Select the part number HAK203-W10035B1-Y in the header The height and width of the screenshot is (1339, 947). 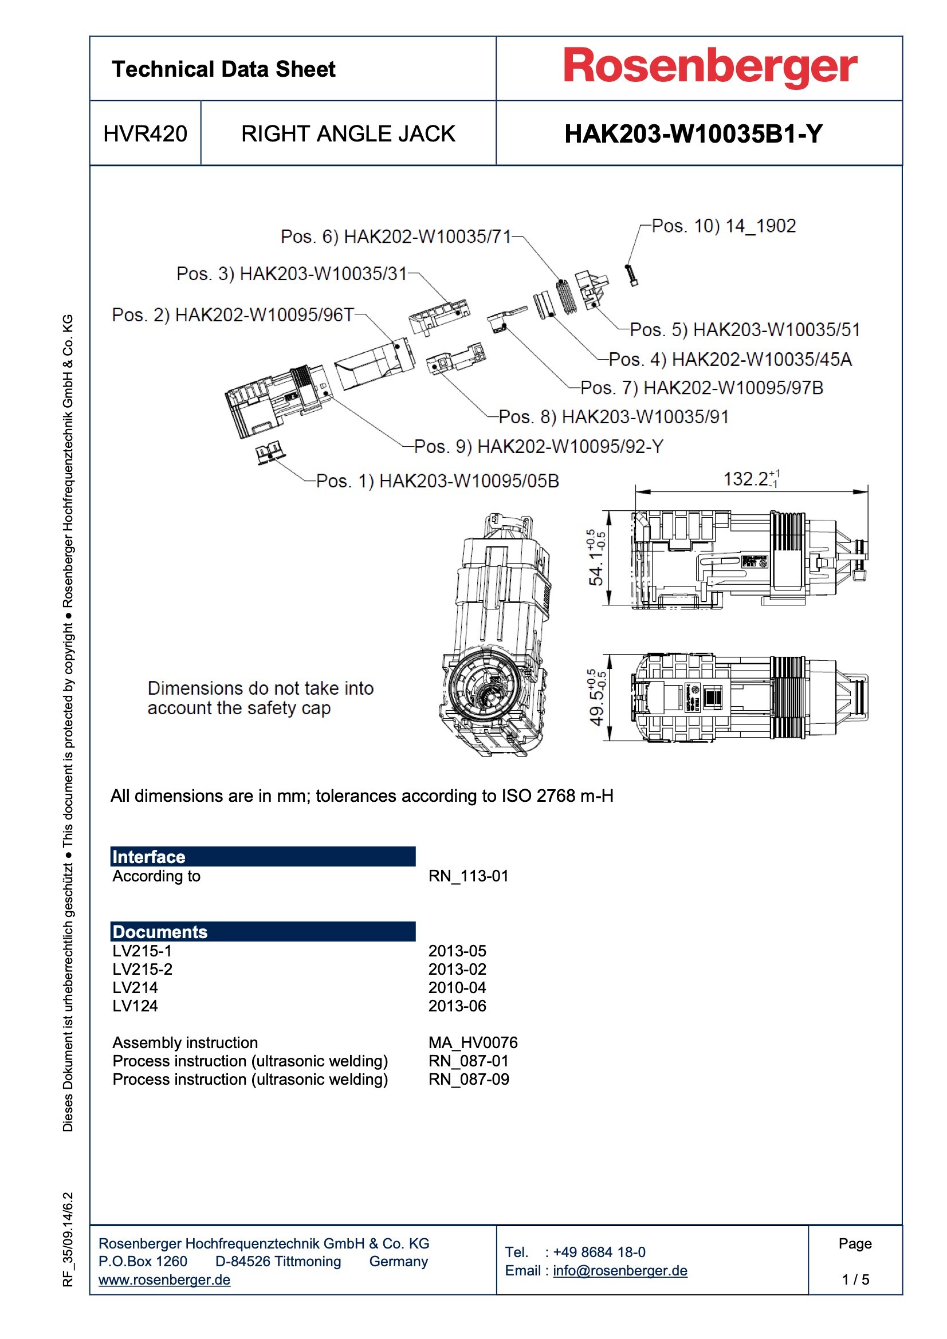pyautogui.click(x=693, y=133)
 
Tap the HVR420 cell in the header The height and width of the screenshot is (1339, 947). pyautogui.click(x=145, y=133)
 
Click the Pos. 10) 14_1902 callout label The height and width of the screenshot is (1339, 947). pyautogui.click(x=724, y=226)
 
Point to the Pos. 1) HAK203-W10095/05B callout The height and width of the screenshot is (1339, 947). pyautogui.click(x=437, y=481)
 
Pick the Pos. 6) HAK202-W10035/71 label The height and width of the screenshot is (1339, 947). pyautogui.click(x=396, y=236)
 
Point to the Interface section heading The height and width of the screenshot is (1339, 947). pyautogui.click(x=149, y=857)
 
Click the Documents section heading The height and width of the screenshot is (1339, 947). pyautogui.click(x=160, y=932)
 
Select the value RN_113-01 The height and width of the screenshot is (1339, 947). pyautogui.click(x=468, y=876)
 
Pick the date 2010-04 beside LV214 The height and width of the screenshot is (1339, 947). pyautogui.click(x=457, y=987)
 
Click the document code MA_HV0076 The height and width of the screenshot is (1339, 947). pyautogui.click(x=473, y=1042)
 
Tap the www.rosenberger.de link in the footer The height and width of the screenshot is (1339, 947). pyautogui.click(x=164, y=1279)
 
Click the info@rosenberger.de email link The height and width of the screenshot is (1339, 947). pyautogui.click(x=620, y=1270)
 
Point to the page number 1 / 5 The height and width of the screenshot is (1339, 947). pyautogui.click(x=855, y=1279)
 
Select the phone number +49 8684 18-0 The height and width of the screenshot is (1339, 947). pyautogui.click(x=599, y=1252)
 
